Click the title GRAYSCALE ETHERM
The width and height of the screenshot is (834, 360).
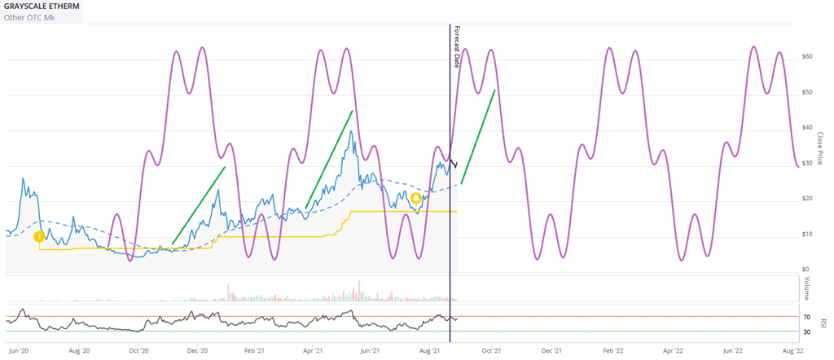(42, 6)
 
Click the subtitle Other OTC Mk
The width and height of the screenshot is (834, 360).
(29, 17)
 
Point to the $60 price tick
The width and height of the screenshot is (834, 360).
(807, 56)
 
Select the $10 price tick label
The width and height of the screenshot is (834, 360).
(807, 235)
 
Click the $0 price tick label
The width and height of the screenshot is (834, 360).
(805, 270)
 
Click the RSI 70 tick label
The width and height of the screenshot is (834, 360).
(806, 318)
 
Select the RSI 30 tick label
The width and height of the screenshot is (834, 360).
(806, 332)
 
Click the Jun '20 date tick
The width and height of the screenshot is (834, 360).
(18, 351)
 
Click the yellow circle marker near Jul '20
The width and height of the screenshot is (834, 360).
(38, 237)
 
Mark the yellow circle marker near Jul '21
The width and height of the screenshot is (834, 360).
(415, 198)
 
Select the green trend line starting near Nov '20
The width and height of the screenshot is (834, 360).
(198, 205)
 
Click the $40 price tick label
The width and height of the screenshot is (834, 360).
(807, 128)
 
